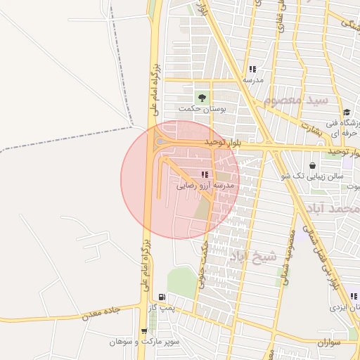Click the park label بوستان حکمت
(x=195, y=108)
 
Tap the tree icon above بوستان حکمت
(x=202, y=97)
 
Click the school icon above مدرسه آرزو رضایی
(x=205, y=174)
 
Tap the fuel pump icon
(x=163, y=297)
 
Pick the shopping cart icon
(x=144, y=331)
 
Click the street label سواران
(x=328, y=343)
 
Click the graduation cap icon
(x=347, y=112)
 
